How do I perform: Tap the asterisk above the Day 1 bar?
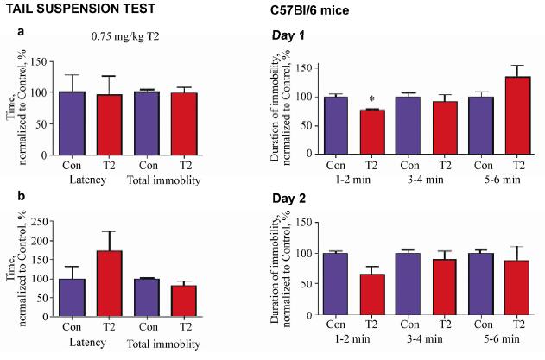click(371, 100)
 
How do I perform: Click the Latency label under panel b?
click(90, 344)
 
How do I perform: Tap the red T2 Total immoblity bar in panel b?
click(183, 299)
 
